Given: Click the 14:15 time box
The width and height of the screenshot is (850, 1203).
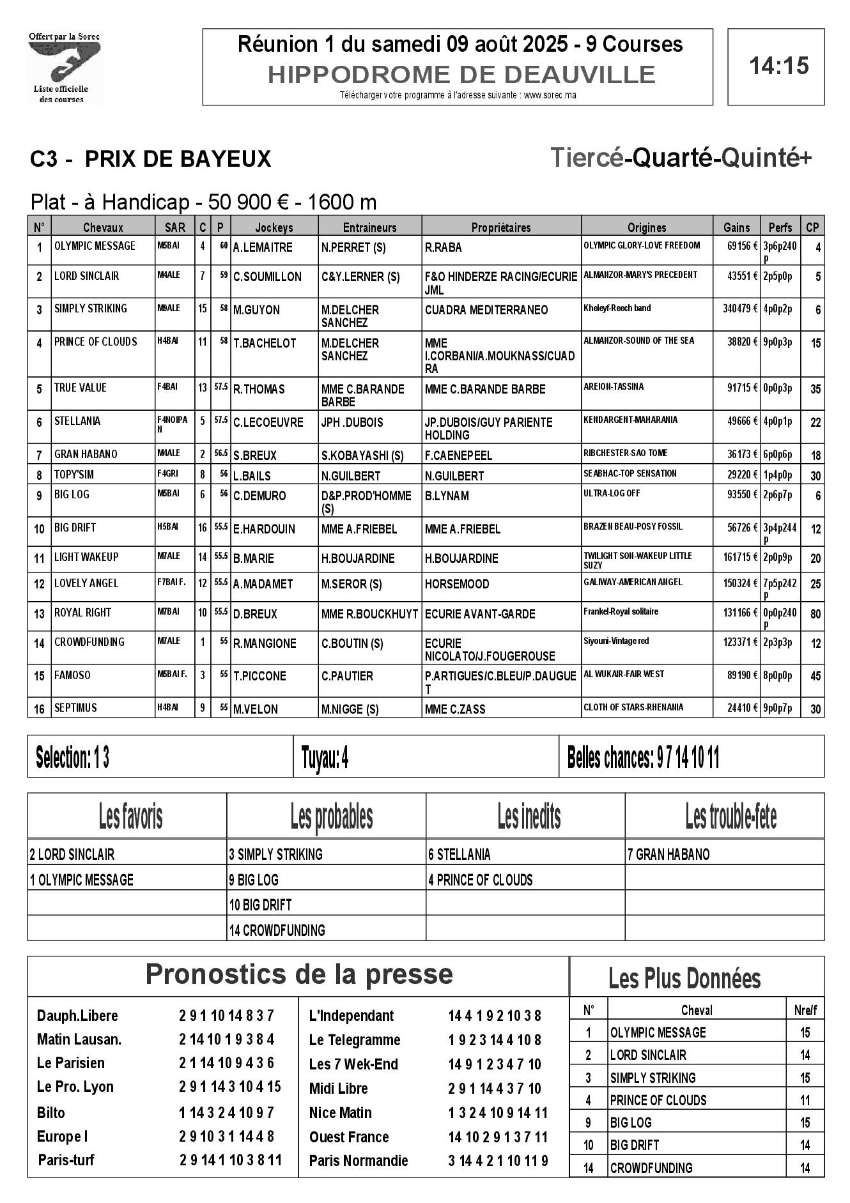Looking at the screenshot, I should (776, 66).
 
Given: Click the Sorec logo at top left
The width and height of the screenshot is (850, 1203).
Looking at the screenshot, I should (64, 67).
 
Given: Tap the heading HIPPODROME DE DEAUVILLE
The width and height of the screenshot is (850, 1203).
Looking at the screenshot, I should (461, 75).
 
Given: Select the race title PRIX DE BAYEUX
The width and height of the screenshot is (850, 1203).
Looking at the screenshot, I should (178, 158).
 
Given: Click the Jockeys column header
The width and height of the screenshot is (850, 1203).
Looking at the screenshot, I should (274, 227).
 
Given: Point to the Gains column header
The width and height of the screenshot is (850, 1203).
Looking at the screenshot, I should (736, 227).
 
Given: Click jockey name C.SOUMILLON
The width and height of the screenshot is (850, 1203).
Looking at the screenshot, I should (267, 277).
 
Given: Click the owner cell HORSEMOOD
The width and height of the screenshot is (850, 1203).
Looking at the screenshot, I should (457, 584).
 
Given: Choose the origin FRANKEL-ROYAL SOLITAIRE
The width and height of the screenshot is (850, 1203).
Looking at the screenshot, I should (621, 611).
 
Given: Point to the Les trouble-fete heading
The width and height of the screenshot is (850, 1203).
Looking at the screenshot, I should (730, 817).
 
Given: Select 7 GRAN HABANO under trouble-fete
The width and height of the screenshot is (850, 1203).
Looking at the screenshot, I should (668, 855).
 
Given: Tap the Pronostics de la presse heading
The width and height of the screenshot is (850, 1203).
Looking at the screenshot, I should (299, 974).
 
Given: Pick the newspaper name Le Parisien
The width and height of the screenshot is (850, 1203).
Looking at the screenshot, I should (71, 1063).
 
